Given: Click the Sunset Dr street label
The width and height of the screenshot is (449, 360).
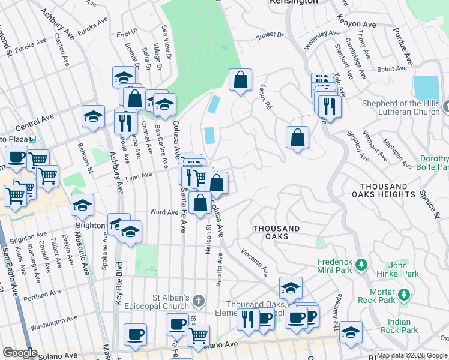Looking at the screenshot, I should tap(270, 36).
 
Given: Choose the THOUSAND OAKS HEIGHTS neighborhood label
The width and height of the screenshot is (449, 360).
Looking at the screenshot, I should tap(388, 190).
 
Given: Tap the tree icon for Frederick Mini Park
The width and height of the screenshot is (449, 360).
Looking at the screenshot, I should tap(361, 264).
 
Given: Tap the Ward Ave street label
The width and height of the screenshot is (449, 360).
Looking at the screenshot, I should tap(163, 212).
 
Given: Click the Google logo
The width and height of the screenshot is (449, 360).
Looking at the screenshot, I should tap(20, 353).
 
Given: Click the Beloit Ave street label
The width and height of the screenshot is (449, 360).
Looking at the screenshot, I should tap(392, 69).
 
